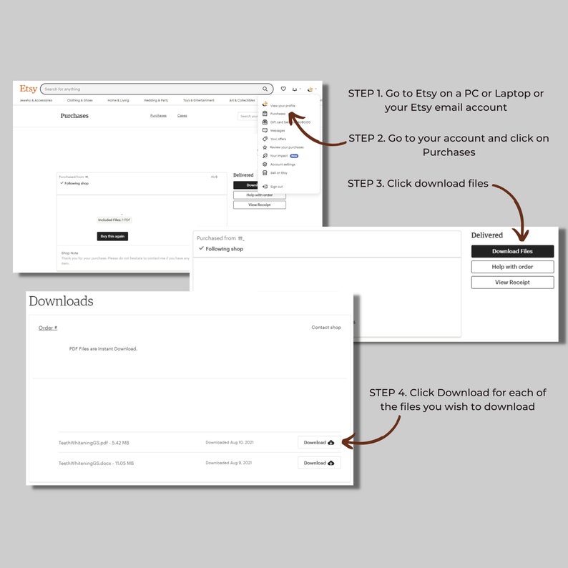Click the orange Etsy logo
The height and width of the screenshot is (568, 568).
pos(29,89)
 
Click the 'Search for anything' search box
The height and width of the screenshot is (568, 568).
pos(150,89)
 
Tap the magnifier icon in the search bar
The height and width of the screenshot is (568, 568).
pos(265,89)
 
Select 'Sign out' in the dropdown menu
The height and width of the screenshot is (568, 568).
pos(275,186)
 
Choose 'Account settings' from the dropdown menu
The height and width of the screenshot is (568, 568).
pos(283,164)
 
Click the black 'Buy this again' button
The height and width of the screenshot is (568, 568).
pos(112,236)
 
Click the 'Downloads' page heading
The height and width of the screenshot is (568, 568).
pos(61,301)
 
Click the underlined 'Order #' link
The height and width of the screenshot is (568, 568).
pos(48,328)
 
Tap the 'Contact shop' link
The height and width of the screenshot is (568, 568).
pos(326,328)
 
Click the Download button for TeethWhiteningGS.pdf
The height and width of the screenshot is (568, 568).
pos(319,443)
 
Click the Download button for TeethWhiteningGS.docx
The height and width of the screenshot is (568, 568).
pos(319,463)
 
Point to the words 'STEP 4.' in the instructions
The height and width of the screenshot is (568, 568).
pos(387,393)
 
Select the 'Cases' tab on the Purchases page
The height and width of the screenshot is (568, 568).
pos(182,116)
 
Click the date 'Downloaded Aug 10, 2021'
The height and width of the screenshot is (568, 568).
pos(229,443)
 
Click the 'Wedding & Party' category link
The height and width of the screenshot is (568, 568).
pos(156,101)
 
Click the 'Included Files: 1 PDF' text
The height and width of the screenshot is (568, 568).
pos(114,220)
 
